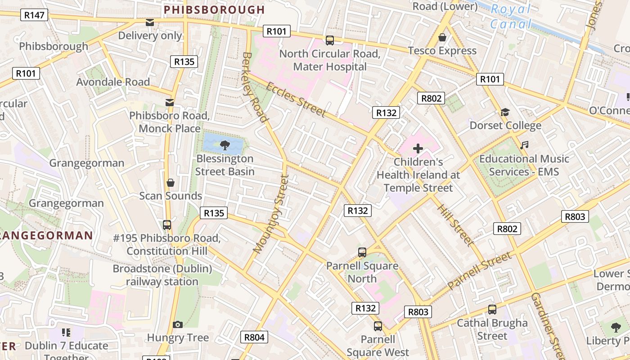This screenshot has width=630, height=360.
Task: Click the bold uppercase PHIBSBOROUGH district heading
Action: pos(214,9)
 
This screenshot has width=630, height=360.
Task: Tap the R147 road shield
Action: pos(34,15)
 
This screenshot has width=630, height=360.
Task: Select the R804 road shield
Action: pos(254,337)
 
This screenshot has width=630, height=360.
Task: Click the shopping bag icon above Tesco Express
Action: pos(442,37)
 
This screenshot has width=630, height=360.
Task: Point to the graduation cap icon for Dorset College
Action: pos(505,112)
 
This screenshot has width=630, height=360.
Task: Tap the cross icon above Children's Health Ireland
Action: pos(418,148)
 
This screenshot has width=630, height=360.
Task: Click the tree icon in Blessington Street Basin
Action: pos(225,145)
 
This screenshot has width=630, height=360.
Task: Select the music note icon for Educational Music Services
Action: pos(524,145)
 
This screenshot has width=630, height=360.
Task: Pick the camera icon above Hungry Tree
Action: pos(178,324)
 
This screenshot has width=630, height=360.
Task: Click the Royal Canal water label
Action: pos(511,16)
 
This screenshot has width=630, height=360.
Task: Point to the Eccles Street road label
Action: pos(296,99)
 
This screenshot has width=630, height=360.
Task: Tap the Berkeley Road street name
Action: pos(255,87)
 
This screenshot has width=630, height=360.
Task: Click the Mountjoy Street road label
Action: pos(270,213)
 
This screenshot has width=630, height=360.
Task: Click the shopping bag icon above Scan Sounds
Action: pos(171,183)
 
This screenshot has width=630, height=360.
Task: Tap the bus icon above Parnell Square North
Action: pos(362,252)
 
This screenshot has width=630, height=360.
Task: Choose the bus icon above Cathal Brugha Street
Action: pos(492,310)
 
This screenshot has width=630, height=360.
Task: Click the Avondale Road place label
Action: pos(113,82)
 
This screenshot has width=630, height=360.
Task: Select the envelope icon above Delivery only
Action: pos(150,22)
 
